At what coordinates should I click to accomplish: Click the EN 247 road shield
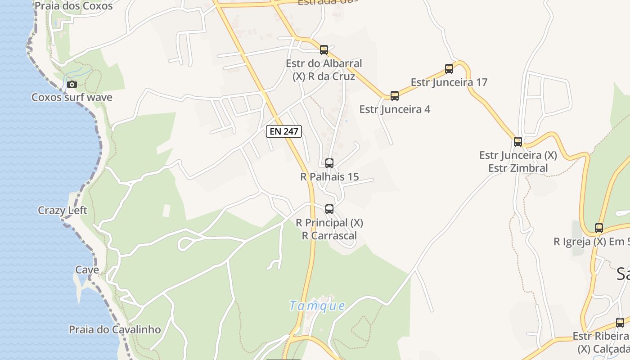pos(284,131)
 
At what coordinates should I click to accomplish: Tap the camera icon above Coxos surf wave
pos(72,84)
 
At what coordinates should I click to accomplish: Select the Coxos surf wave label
pos(72,97)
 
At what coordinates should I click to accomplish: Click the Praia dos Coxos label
pos(73,6)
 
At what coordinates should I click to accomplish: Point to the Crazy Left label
pos(63,210)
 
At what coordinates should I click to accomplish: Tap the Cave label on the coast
pos(87,270)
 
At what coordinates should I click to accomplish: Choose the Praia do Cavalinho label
pos(115,329)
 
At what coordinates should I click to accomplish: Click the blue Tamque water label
pos(317,306)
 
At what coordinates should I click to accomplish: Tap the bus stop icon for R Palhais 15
pos(329,163)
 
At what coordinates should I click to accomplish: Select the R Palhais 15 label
pos(329,177)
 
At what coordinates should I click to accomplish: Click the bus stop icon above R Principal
pos(329,209)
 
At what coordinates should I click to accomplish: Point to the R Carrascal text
pos(329,235)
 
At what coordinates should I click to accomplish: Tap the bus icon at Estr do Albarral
pos(324,50)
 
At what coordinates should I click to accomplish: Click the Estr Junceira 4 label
pos(395,109)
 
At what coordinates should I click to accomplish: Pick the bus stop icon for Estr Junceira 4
pos(395,95)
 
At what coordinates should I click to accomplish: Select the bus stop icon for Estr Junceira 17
pos(449,68)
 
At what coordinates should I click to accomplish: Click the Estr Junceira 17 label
pos(449,82)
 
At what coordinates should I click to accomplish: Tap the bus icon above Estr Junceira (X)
pos(518,142)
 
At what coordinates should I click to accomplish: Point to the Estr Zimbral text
pos(518,168)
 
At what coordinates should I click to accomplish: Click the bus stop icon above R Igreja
pos(599,228)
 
